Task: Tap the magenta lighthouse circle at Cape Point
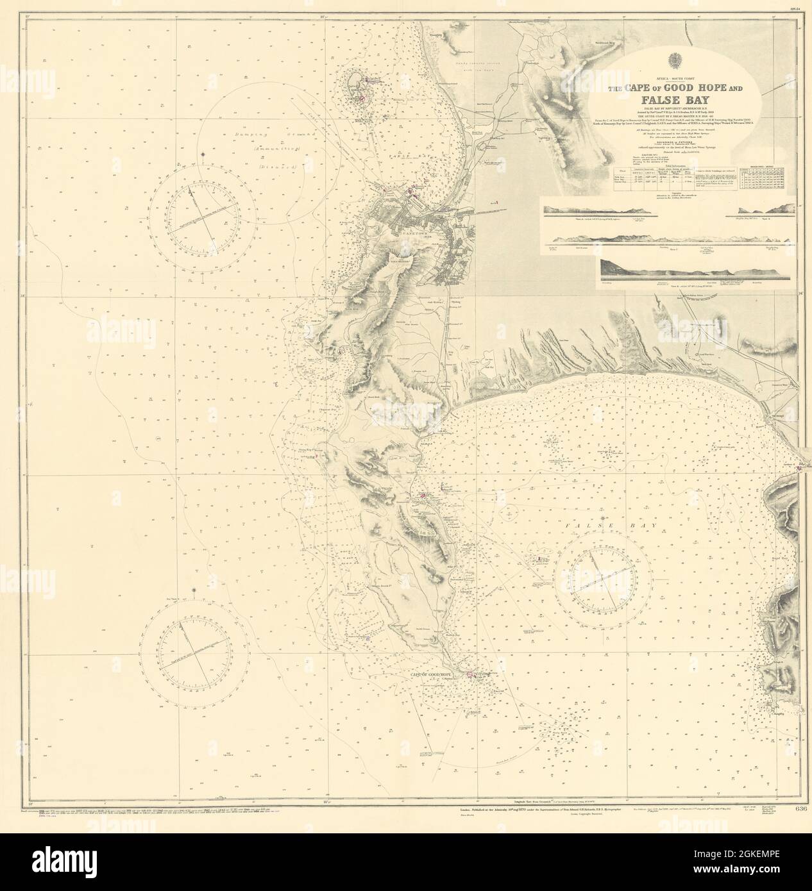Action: (470, 675)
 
